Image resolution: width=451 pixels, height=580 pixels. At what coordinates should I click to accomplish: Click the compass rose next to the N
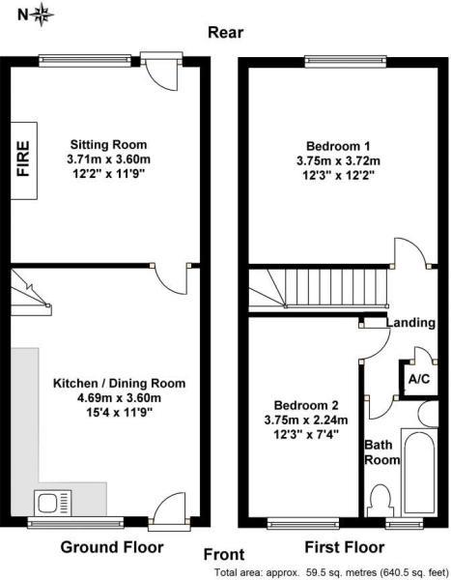pos(43,14)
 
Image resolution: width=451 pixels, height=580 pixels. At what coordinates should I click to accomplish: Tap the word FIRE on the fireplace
pos(23,159)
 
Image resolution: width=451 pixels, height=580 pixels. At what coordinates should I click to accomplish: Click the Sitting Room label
pos(109,144)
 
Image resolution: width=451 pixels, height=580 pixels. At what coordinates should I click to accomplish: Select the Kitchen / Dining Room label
pos(120,383)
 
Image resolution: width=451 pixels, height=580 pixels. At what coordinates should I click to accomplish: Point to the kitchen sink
pos(53,503)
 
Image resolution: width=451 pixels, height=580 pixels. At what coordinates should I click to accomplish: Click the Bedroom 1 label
pos(338,146)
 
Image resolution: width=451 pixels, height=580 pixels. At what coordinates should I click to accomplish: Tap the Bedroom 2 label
pos(306,405)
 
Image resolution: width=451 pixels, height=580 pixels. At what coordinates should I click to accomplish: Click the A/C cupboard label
pos(419,379)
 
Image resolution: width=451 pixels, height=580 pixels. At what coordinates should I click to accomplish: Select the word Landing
pos(410,323)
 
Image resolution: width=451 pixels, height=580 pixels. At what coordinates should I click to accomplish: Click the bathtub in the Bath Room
pos(419,473)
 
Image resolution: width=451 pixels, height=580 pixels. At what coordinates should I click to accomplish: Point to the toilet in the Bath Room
pos(379,501)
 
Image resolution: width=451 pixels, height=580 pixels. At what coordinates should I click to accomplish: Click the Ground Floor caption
pos(112,547)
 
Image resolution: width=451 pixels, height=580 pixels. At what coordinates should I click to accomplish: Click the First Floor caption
pos(345,547)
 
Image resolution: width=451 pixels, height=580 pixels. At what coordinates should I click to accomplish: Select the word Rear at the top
pos(226,33)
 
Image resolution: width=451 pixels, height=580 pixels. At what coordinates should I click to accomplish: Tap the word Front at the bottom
pos(224,555)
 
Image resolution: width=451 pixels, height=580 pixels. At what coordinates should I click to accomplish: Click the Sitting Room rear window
pos(85,61)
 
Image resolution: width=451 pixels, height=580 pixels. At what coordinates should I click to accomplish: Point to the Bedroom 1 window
pos(346,62)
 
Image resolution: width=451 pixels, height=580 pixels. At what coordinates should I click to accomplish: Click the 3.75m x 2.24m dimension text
pos(306,420)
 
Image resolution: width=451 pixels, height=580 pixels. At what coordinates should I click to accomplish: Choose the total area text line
pos(331,572)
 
